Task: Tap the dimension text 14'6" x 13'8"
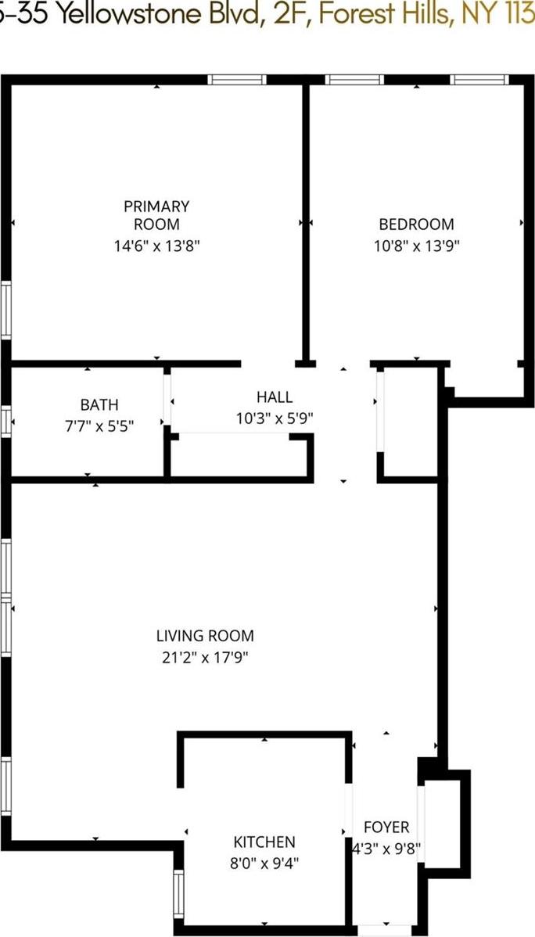pos(156,245)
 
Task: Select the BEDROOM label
pos(416,224)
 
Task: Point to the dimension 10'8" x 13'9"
pos(416,245)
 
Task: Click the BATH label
pos(99,404)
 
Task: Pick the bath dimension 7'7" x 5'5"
pos(99,426)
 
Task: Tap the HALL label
pos(275,397)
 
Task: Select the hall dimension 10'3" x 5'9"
pos(275,418)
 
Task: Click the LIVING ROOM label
pos(205,636)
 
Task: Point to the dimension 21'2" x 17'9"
pos(205,657)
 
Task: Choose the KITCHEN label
pos(264,842)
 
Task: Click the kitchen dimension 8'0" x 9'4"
pos(264,863)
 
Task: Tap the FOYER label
pos(386,827)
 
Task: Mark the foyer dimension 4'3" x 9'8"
pos(386,847)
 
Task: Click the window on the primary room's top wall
pos(237,79)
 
